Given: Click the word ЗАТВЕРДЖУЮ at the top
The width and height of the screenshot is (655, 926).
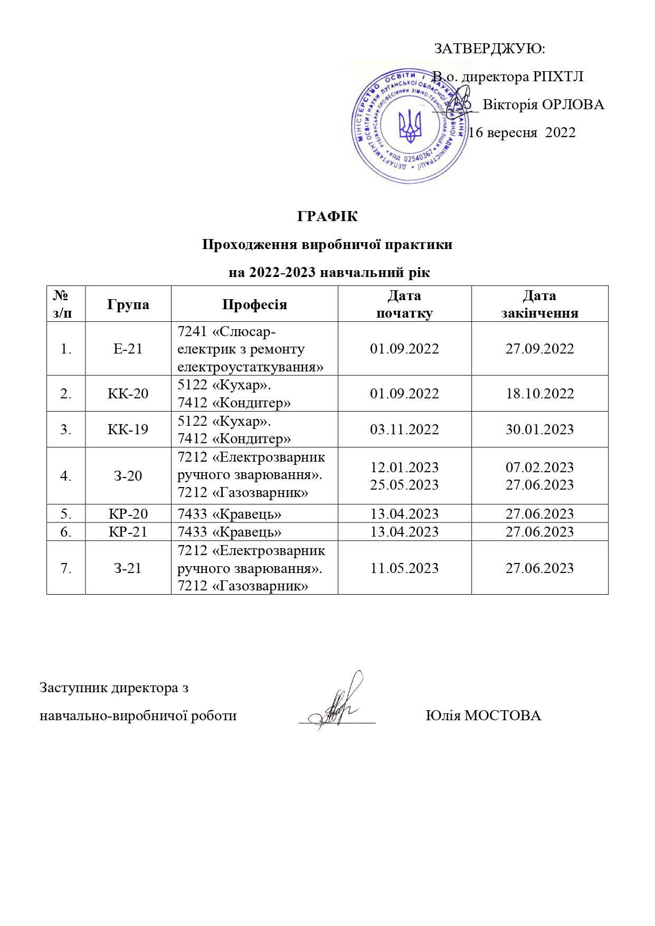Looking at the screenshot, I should (x=488, y=49).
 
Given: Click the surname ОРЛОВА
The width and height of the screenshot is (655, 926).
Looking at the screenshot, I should (x=573, y=104).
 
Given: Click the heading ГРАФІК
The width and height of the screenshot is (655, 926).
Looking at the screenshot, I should (x=327, y=216).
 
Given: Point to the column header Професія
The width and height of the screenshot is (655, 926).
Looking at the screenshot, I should (x=254, y=304).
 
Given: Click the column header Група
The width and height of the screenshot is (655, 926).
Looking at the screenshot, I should (x=128, y=304).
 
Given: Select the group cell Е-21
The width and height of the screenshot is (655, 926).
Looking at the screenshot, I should (x=128, y=349).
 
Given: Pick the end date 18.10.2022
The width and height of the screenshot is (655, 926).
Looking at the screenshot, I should (x=539, y=394).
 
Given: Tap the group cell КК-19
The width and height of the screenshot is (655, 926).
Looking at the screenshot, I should (x=128, y=429).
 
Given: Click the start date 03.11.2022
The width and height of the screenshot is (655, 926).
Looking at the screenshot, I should (x=404, y=429).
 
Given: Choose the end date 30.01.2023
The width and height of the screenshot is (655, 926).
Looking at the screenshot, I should (x=539, y=429).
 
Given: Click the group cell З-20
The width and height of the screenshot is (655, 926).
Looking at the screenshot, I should (x=128, y=476).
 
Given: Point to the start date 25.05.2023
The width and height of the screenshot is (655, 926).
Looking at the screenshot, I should (x=404, y=485).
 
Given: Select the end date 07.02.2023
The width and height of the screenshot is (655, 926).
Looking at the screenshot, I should (x=539, y=467).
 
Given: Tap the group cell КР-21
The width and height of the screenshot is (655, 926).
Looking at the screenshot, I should (x=128, y=532).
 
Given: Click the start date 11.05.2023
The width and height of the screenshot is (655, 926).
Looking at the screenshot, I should (x=404, y=568).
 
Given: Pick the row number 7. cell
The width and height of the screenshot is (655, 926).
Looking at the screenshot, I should (x=66, y=568).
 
